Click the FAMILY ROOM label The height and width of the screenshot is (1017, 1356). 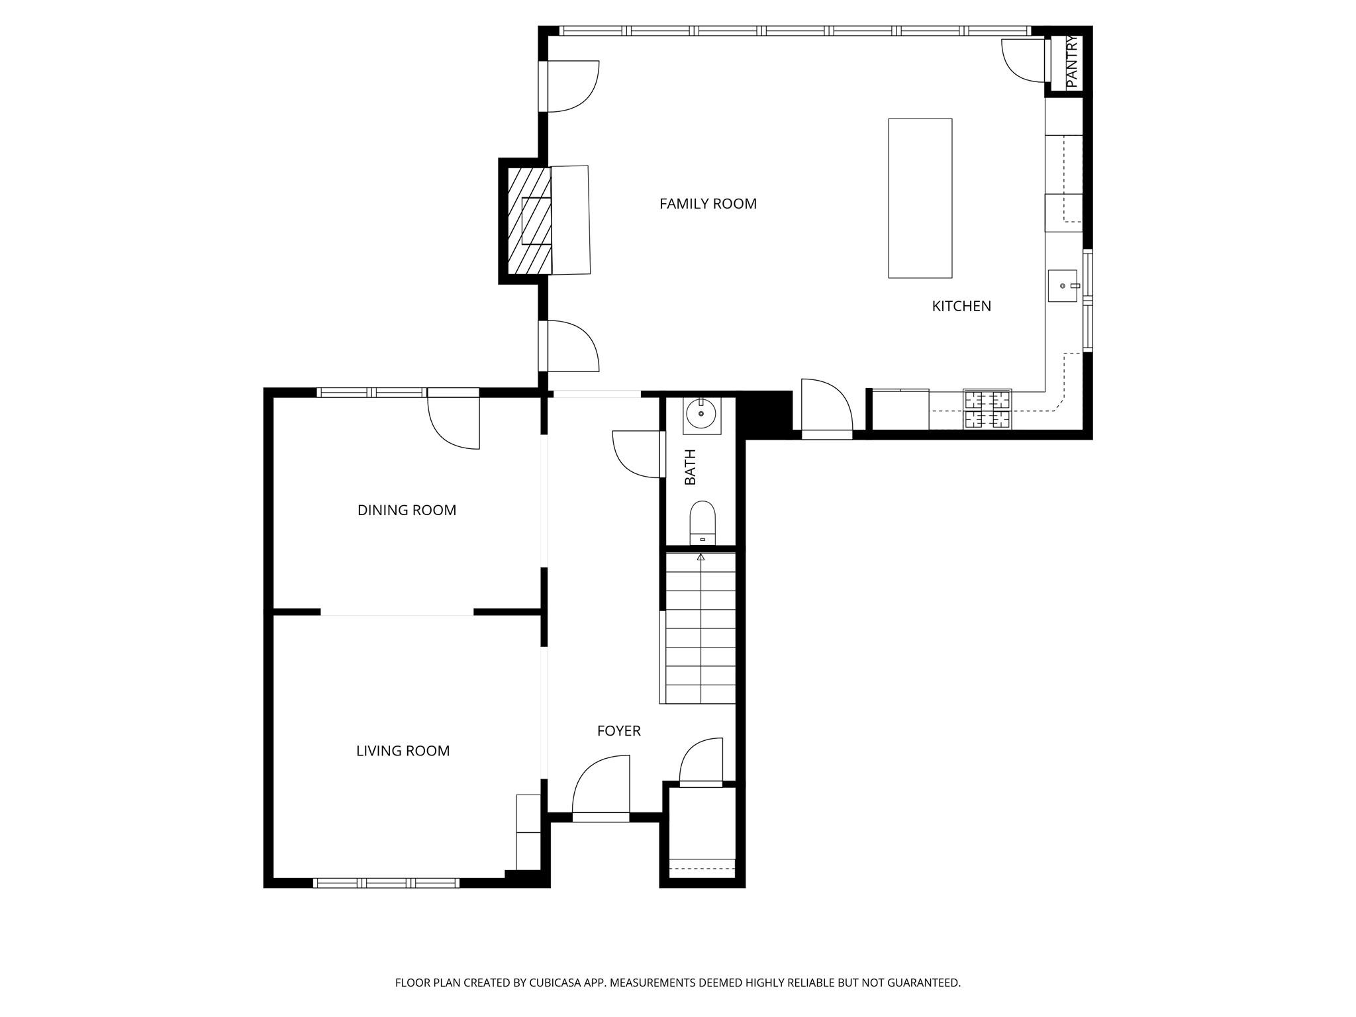[x=708, y=204]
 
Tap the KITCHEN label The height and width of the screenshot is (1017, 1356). [x=961, y=306]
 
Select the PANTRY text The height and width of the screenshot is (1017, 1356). [x=1073, y=62]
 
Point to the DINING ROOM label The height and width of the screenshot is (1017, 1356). [x=407, y=510]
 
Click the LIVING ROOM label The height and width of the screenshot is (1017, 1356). [x=403, y=751]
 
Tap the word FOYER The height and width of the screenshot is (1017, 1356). [x=618, y=731]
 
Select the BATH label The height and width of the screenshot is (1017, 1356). [x=691, y=467]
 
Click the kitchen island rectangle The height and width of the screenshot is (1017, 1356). [x=920, y=198]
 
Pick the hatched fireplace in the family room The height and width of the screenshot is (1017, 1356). [x=529, y=220]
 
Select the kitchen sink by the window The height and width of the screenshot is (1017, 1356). [x=1063, y=286]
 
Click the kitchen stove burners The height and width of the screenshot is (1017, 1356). [x=987, y=409]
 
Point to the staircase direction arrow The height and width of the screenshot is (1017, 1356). [x=701, y=557]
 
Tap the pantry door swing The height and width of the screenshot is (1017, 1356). [x=1023, y=61]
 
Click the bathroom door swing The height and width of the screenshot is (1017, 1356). [x=637, y=454]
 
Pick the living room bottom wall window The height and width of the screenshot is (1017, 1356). [x=386, y=883]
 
